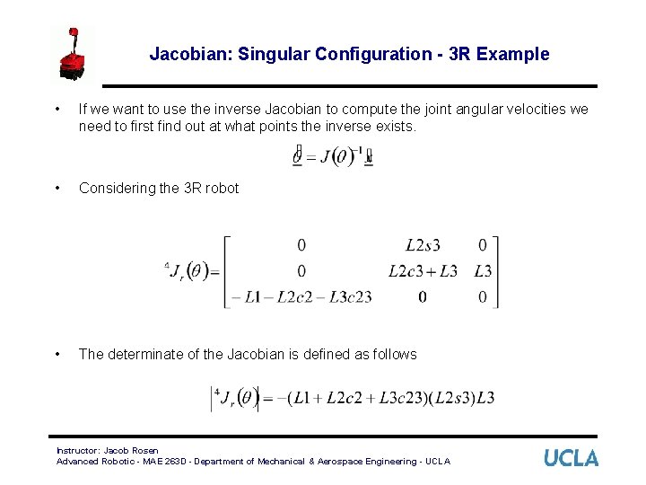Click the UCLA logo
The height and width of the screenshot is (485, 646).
coord(571,458)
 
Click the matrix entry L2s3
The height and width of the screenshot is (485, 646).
coord(423,244)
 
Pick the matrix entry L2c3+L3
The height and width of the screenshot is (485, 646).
coord(423,270)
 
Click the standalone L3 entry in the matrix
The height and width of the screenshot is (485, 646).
coord(483,270)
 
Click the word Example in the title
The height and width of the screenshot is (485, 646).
coord(513,54)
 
